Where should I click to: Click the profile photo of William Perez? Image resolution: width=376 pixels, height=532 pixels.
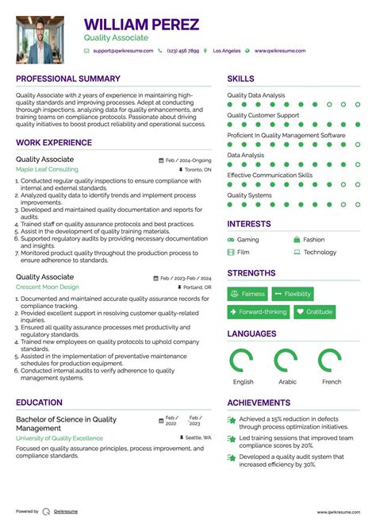coord(40,40)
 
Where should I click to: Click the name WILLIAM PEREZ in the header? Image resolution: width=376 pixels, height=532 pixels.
coord(142,25)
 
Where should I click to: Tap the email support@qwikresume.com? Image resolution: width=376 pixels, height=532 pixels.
coord(123,51)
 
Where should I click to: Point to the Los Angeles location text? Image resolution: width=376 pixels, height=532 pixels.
coord(227,51)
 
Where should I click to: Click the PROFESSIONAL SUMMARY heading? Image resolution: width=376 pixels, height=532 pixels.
coord(68,79)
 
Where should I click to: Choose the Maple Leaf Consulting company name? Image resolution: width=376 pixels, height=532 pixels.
coord(48,170)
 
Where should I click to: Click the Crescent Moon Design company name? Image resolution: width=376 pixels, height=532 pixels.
coord(48,287)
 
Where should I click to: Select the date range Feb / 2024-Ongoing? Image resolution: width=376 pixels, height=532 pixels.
coord(188,160)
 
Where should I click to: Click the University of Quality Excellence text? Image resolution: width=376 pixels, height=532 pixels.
coord(59,438)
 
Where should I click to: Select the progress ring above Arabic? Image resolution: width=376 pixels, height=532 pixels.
coord(287,361)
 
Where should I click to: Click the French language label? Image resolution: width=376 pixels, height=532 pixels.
coord(331,382)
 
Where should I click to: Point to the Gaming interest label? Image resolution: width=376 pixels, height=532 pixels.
coord(247,240)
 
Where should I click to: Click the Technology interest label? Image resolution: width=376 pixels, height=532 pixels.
coord(320,253)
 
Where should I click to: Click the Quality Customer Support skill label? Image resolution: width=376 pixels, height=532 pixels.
coord(263,115)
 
